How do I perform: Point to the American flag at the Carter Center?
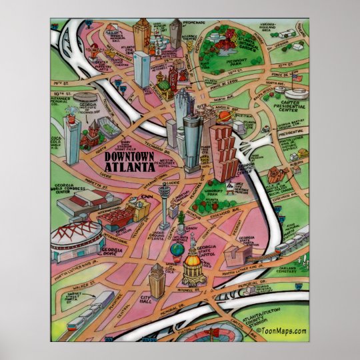pyautogui.click(x=298, y=78)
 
